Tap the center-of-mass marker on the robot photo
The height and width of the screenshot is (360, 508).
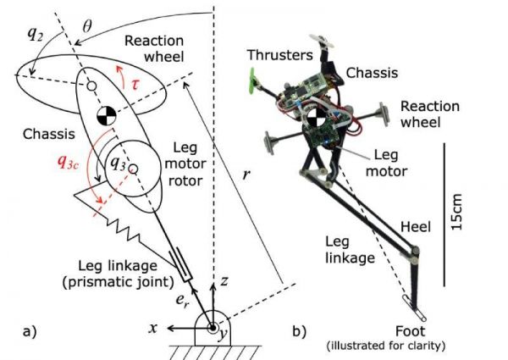tap(311, 115)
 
